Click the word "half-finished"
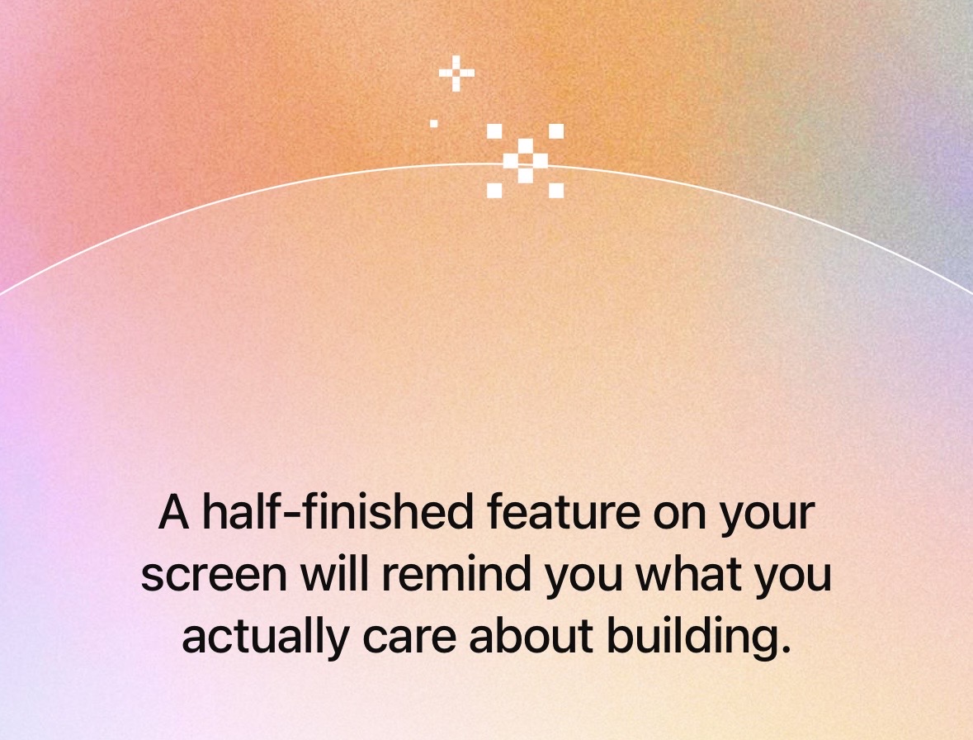point(338,512)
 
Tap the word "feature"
point(564,512)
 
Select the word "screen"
point(214,575)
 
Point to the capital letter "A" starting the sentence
point(174,512)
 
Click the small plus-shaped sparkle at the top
point(456,74)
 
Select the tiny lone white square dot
point(434,124)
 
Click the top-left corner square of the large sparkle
point(494,131)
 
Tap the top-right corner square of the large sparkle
point(556,131)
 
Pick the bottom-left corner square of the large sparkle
point(494,191)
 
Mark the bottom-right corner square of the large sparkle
point(556,191)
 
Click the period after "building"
point(786,649)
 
